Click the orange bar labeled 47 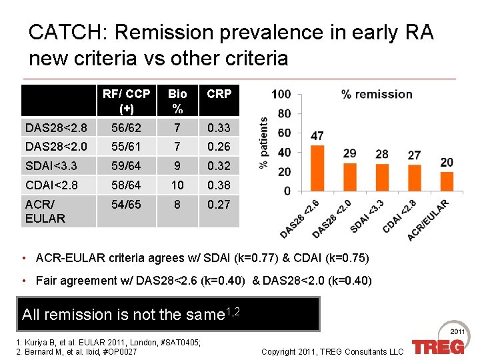(317, 167)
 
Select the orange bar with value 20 (447, 181)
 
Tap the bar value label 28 (382, 154)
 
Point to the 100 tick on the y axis (281, 95)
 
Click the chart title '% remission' (377, 94)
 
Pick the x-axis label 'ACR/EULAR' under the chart (429, 221)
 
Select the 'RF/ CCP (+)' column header (126, 101)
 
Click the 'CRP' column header (219, 94)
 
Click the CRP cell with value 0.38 (219, 185)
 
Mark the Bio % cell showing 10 (177, 185)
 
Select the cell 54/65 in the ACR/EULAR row (126, 205)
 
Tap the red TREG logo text (437, 347)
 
